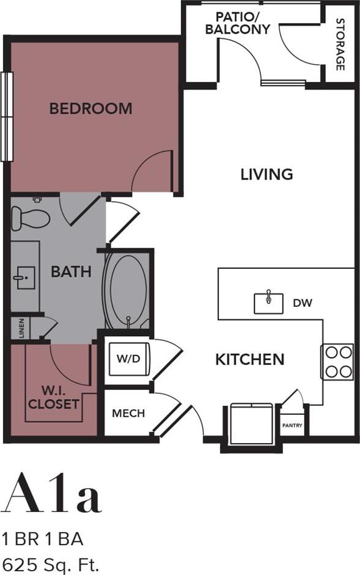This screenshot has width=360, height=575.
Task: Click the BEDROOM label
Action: pos(90,109)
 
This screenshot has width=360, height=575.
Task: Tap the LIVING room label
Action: pos(266,174)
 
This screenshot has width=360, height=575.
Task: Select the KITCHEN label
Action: pos(249,359)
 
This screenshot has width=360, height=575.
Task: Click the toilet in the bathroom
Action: pos(30,218)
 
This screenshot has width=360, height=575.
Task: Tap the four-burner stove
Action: pos(337,361)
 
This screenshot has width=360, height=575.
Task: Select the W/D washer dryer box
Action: pos(128,360)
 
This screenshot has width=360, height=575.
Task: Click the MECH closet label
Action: pos(128,414)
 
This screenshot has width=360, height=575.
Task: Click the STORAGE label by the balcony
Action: pos(340,44)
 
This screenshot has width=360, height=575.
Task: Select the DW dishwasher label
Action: pos(303,302)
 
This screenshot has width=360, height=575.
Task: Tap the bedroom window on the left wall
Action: pos(7,116)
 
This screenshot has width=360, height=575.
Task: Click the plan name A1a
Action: pos(51,494)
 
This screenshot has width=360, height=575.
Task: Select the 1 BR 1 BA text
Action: pos(42,539)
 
